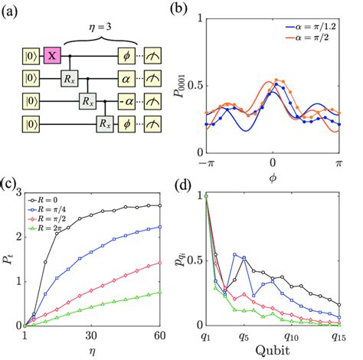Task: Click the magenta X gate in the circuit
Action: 53,55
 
